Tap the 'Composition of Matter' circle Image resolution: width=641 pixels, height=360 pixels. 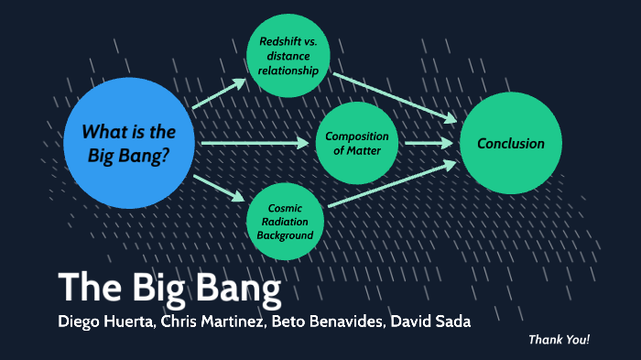click(358, 144)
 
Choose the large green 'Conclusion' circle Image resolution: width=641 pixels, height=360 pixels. click(510, 143)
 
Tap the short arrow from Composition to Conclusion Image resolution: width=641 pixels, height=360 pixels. click(427, 143)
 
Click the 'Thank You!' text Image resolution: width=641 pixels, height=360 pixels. click(559, 340)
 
